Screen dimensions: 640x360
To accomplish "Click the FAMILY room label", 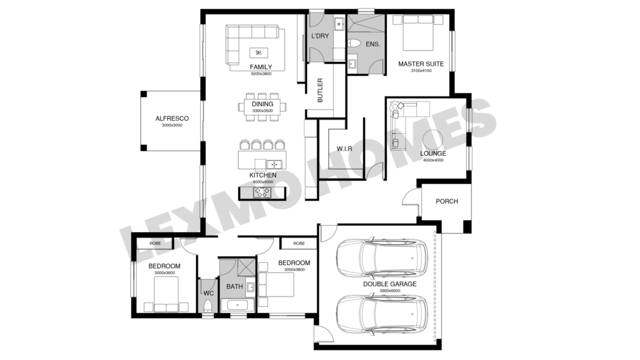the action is click(261, 67).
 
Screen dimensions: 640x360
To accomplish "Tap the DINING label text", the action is click(263, 104).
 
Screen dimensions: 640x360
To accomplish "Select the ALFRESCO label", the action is click(172, 118).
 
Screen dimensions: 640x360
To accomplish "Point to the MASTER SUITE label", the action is click(421, 64).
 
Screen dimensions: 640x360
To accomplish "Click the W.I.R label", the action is click(344, 149).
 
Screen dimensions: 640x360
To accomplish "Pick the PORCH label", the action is click(447, 201).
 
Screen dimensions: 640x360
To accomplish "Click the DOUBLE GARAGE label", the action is click(390, 284).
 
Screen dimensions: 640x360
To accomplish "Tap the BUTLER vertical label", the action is click(320, 90).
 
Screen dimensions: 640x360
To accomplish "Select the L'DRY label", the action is click(320, 36).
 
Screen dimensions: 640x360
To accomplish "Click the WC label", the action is click(209, 293).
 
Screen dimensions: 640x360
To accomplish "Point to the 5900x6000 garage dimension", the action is click(390, 290).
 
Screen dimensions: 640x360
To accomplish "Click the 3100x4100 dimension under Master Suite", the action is click(421, 71).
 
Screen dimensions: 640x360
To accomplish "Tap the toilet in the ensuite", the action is click(353, 43).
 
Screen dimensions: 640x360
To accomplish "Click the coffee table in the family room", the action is click(259, 53).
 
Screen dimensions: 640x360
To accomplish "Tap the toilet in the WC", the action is click(208, 306).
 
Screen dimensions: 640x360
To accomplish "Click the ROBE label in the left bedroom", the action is click(155, 243).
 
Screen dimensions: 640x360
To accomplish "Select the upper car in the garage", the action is click(381, 259).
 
